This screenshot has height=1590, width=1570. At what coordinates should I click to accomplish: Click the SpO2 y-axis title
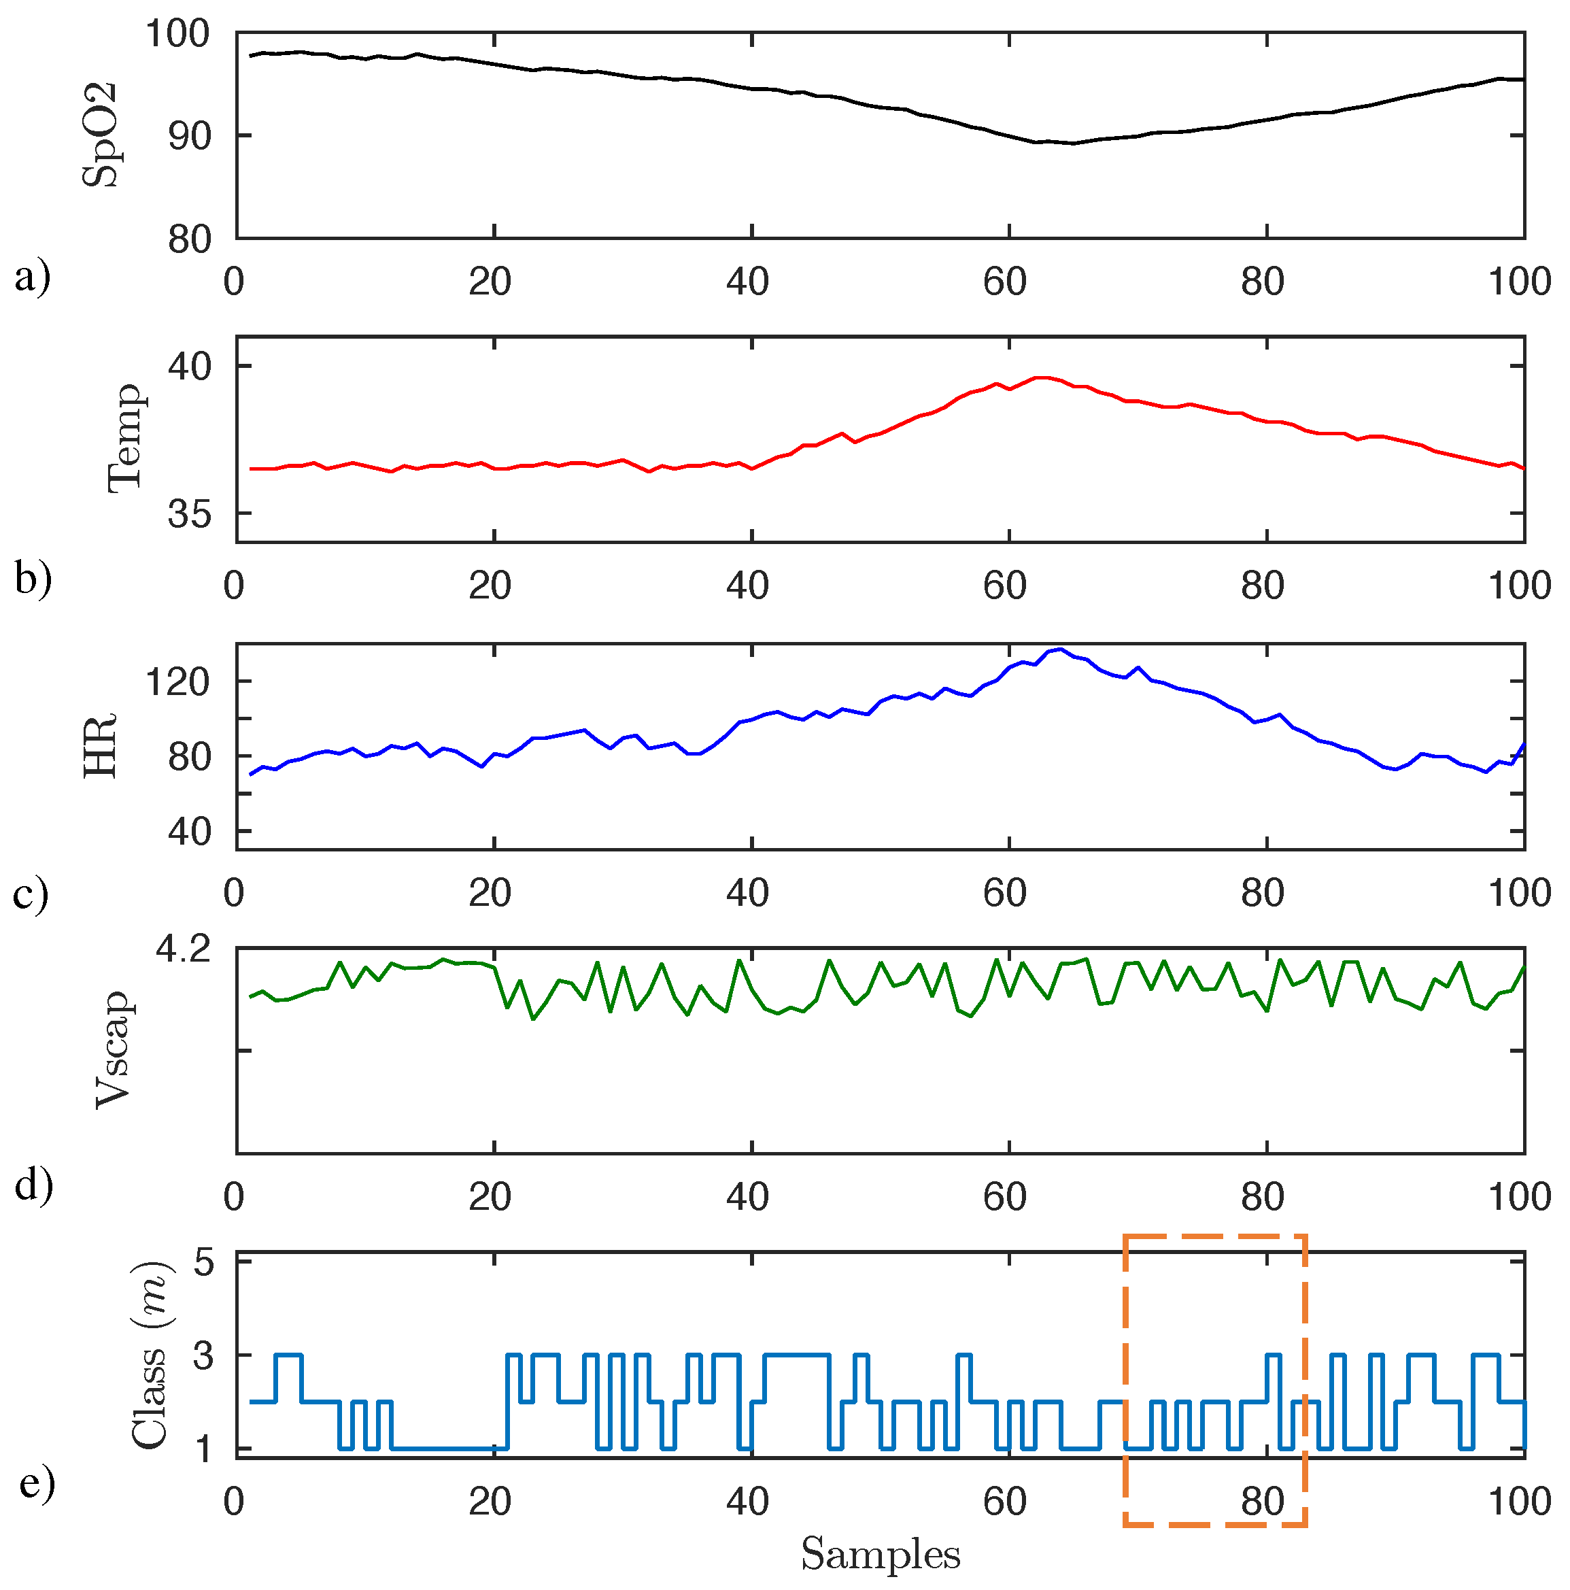click(101, 136)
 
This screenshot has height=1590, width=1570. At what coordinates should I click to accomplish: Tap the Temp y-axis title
click(126, 439)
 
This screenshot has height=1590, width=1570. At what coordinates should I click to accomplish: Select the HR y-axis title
click(101, 745)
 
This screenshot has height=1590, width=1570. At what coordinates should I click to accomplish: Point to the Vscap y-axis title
click(114, 1051)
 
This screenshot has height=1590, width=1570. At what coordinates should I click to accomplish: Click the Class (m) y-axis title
click(150, 1355)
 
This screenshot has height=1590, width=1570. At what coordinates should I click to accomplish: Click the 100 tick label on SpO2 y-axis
click(177, 35)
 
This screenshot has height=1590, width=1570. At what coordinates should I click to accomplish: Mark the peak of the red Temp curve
click(1041, 377)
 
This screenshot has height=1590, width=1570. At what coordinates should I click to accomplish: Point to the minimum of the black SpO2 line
click(1072, 143)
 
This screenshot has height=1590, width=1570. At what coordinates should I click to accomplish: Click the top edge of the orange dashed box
click(1214, 1237)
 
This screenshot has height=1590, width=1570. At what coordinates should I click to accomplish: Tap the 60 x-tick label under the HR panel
click(1005, 893)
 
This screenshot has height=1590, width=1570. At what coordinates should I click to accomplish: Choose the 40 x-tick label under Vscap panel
click(747, 1197)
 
